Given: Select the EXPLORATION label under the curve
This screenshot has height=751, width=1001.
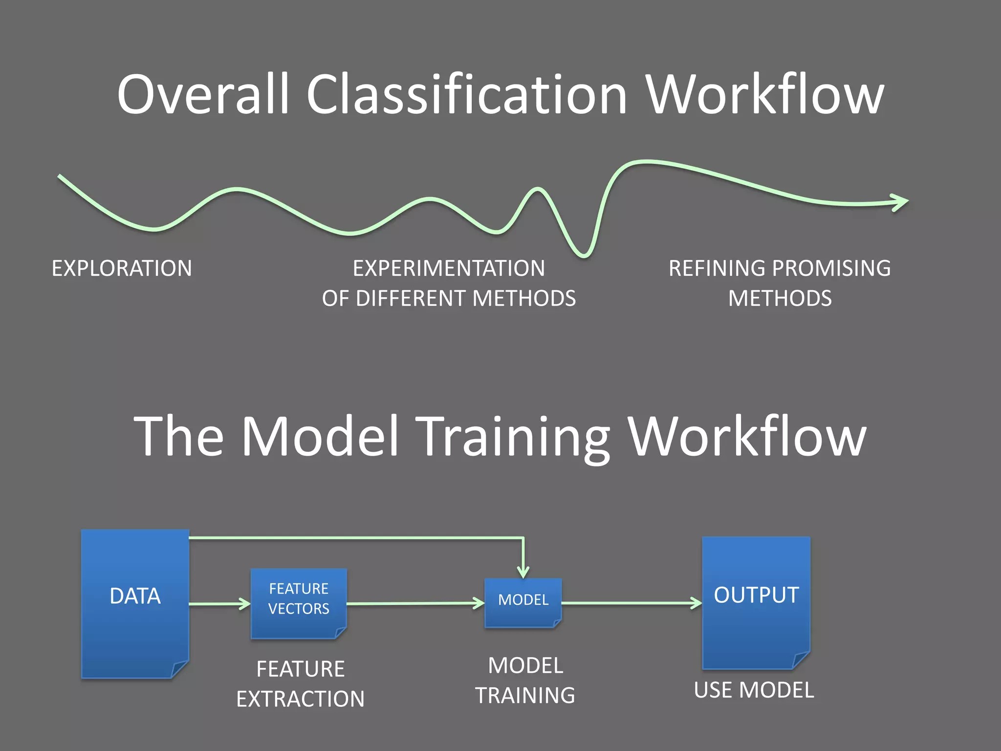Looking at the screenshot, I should (122, 268).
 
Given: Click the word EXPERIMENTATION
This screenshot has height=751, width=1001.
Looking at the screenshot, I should (449, 268).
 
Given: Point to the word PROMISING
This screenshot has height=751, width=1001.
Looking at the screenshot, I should (831, 268).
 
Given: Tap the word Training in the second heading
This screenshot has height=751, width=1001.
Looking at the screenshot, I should (515, 436).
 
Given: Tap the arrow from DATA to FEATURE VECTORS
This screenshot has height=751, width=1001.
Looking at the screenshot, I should (219, 604).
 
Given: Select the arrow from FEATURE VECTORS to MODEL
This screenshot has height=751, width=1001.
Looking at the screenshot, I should (415, 603).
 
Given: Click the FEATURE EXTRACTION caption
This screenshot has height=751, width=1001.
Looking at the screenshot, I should (300, 684).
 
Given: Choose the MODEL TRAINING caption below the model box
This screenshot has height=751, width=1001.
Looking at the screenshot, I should (525, 680).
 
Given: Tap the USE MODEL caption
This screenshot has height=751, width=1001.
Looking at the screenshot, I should (754, 690).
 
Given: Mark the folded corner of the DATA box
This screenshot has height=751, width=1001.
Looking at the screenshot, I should (179, 668).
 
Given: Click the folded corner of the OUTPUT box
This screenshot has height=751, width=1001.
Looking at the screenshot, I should (801, 660).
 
